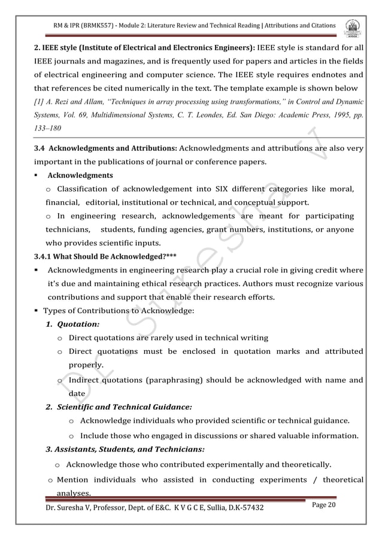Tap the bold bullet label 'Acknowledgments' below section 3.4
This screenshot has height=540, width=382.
click(80, 175)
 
